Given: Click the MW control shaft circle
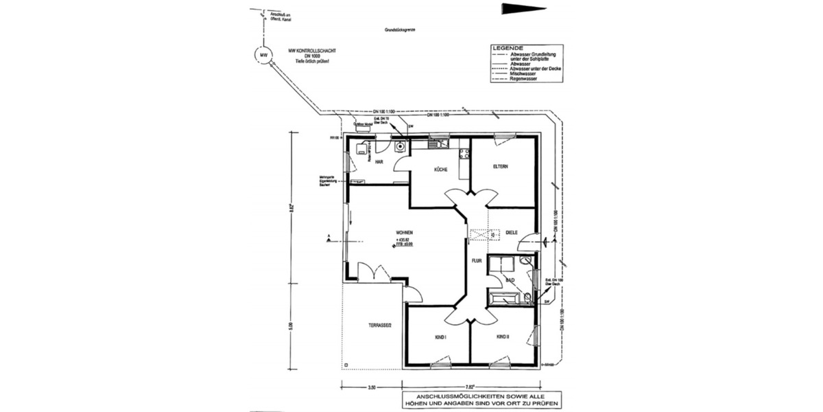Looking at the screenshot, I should (x=261, y=54).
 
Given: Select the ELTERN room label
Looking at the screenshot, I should (x=500, y=166).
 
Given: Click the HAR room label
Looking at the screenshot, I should (x=378, y=162).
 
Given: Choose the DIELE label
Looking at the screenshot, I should (x=511, y=232).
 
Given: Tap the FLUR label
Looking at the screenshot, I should (x=477, y=261).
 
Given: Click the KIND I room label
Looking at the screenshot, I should (x=441, y=337).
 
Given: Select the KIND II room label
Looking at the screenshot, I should (x=503, y=337).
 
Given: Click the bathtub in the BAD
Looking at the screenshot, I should (x=506, y=297).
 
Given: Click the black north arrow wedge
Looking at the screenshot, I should (x=524, y=9).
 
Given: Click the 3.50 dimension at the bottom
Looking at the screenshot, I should (x=371, y=388).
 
